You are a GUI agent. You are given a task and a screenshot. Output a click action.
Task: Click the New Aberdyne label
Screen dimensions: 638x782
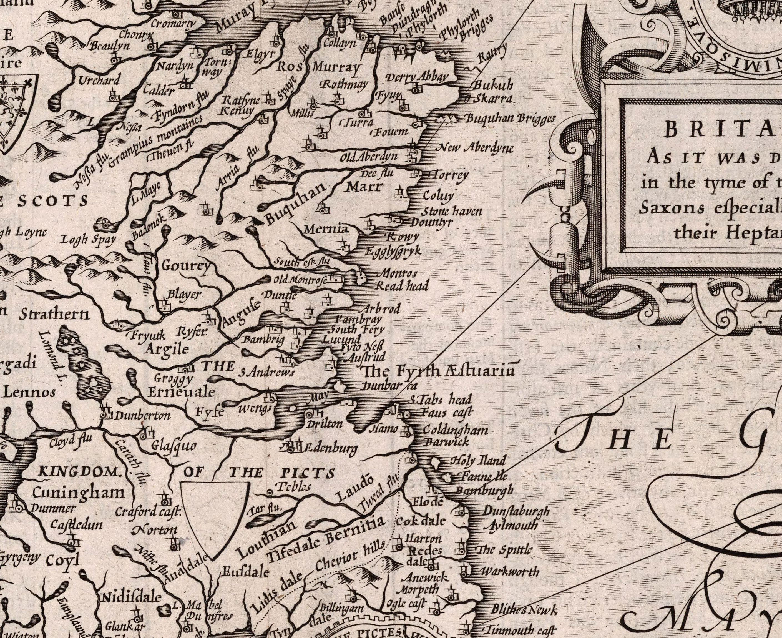point(474,148)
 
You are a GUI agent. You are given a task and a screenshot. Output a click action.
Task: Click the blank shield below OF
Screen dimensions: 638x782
point(215,514)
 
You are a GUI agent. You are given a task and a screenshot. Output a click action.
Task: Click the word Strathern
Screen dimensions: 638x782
point(54,315)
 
